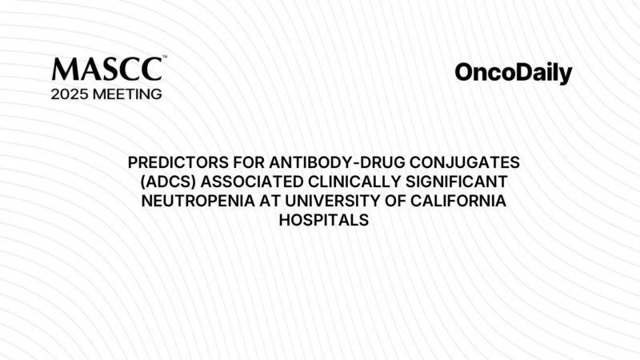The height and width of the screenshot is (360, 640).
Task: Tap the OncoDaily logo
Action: [513, 74]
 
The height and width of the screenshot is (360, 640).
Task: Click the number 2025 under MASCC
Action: [70, 94]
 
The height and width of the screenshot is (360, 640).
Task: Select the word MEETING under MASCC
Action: [128, 94]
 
